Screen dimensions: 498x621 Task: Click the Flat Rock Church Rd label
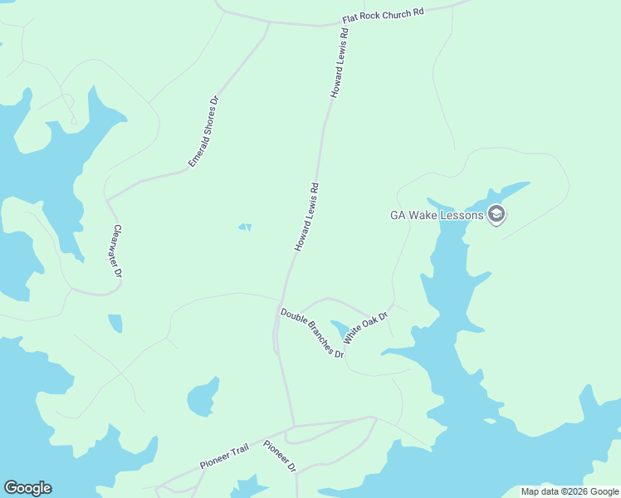(383, 17)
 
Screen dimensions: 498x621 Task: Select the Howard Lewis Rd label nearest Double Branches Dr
(306, 217)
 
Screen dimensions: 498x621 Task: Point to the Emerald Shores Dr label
(203, 131)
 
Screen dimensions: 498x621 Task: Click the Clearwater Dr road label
(118, 251)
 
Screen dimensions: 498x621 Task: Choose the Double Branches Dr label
(311, 332)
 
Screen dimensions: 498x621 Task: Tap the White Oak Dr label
(365, 326)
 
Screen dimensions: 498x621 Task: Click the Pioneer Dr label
(280, 456)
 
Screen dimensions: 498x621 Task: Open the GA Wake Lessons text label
(437, 215)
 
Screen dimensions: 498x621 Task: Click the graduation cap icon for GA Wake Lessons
(496, 215)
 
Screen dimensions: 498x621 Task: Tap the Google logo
(27, 488)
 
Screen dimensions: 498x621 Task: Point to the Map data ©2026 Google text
(570, 491)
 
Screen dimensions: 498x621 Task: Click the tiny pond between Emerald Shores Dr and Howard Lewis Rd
(245, 227)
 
